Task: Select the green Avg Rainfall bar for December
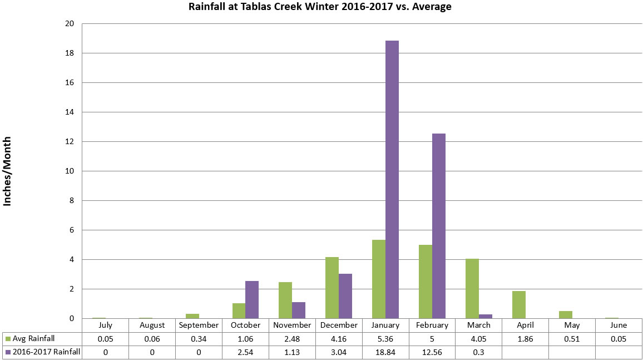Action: [x=332, y=288]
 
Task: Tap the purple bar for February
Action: [x=439, y=226]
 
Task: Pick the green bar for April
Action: [x=519, y=304]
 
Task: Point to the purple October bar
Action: [x=252, y=299]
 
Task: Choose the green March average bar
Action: [x=472, y=288]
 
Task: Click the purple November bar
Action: [x=299, y=310]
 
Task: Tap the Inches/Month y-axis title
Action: [x=8, y=171]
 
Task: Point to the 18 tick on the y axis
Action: [x=71, y=53]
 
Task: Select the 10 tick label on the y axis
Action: [x=71, y=171]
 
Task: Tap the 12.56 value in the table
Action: [x=432, y=352]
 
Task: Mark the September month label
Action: [x=199, y=326]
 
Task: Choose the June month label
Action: [x=619, y=326]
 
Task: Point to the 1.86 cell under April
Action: [x=525, y=339]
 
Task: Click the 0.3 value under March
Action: [x=478, y=352]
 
